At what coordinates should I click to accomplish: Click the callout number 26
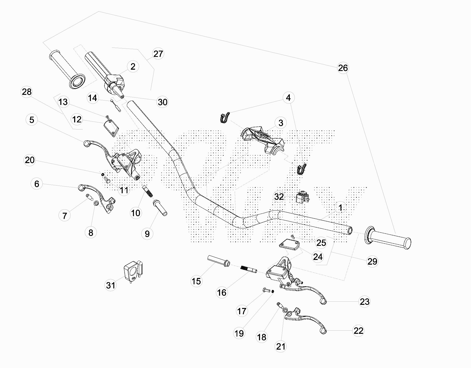[x=343, y=68]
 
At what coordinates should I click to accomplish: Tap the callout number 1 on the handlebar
[x=340, y=208]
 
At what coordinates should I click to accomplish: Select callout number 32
[x=279, y=196]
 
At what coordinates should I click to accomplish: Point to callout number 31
[x=111, y=285]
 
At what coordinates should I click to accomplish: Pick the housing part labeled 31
[x=132, y=272]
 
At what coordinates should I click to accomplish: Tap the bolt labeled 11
[x=107, y=180]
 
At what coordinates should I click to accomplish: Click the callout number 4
[x=288, y=98]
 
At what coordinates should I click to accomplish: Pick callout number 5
[x=32, y=120]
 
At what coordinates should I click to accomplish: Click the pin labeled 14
[x=115, y=106]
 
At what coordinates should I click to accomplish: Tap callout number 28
[x=27, y=92]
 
